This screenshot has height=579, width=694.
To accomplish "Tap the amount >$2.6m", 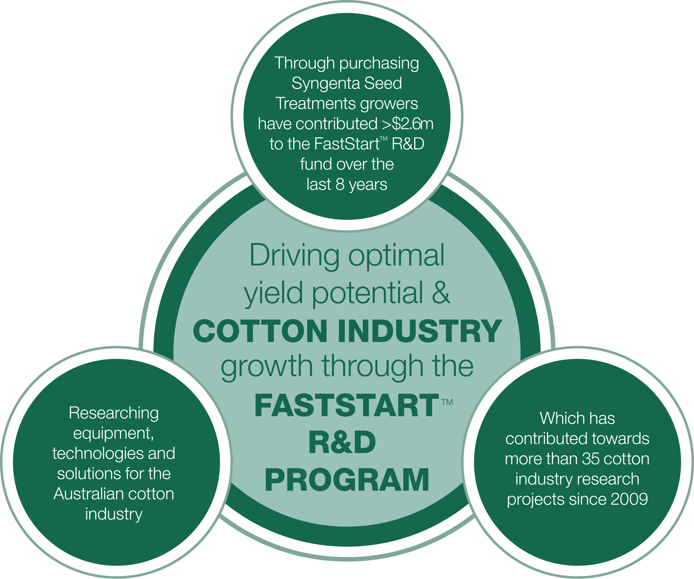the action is pos(408,124).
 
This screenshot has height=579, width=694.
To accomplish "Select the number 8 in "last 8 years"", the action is pos(340,184).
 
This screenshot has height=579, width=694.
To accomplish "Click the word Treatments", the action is pos(316,103).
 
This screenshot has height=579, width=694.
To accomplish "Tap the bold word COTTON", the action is pos(260,331).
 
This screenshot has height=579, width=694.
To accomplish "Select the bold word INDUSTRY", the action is pos(420,331).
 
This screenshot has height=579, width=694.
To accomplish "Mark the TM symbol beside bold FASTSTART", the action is pos(447,402).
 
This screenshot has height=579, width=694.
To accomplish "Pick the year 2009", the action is pos(629,499).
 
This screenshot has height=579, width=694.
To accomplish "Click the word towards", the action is pos(621,439).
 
